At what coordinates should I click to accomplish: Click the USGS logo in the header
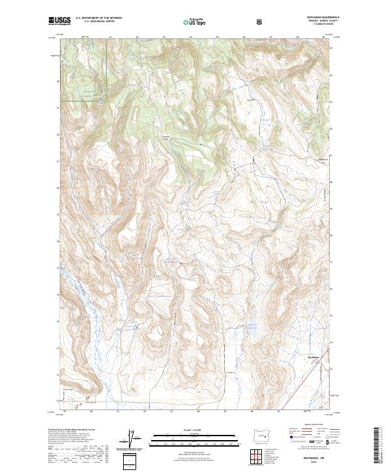coord(60,21)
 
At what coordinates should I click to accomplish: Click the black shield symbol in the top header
coord(261,21)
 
